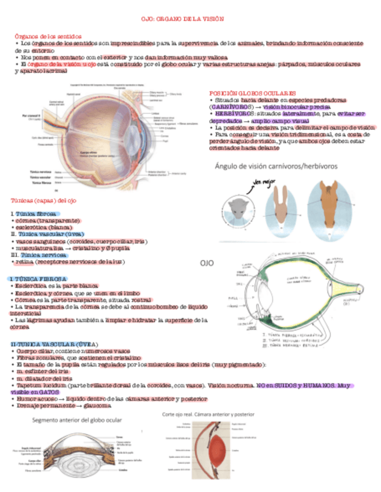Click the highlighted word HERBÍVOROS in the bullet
click(x=232, y=114)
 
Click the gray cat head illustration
click(x=238, y=207)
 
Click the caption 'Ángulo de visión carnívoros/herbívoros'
click(x=276, y=166)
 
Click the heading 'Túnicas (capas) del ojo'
click(x=43, y=200)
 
